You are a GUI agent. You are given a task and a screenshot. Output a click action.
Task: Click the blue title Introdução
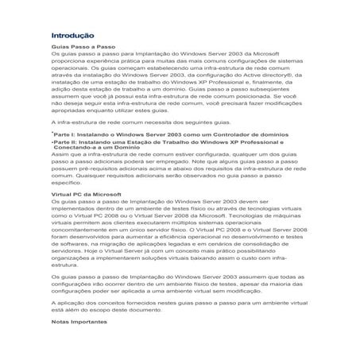(72, 36)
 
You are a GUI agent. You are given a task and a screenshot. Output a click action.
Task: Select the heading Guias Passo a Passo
(76, 48)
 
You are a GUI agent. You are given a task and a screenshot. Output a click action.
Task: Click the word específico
(65, 184)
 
